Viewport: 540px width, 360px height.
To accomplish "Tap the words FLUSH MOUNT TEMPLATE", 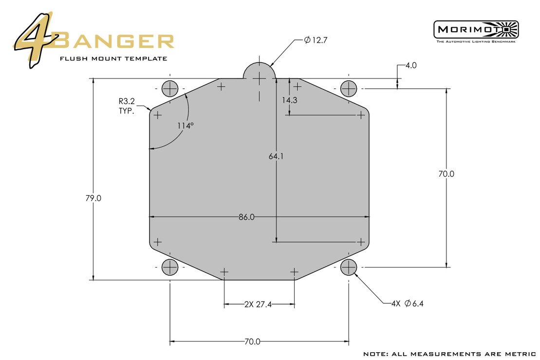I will tap(113, 59).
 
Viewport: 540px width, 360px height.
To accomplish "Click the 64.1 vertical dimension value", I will tap(276, 157).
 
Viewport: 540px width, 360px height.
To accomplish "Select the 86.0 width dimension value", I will tap(246, 217).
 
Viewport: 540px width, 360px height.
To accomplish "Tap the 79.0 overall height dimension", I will tap(93, 198).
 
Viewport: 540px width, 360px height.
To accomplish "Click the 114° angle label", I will tap(185, 126).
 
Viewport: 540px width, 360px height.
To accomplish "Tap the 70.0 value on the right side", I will tap(446, 174).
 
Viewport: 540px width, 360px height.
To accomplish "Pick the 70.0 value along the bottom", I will tap(253, 342).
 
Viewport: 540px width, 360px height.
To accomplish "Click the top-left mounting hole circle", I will tap(170, 89).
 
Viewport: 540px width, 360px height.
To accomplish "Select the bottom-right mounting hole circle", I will tap(349, 267).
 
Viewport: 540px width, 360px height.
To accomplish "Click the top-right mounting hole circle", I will tap(349, 89).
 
